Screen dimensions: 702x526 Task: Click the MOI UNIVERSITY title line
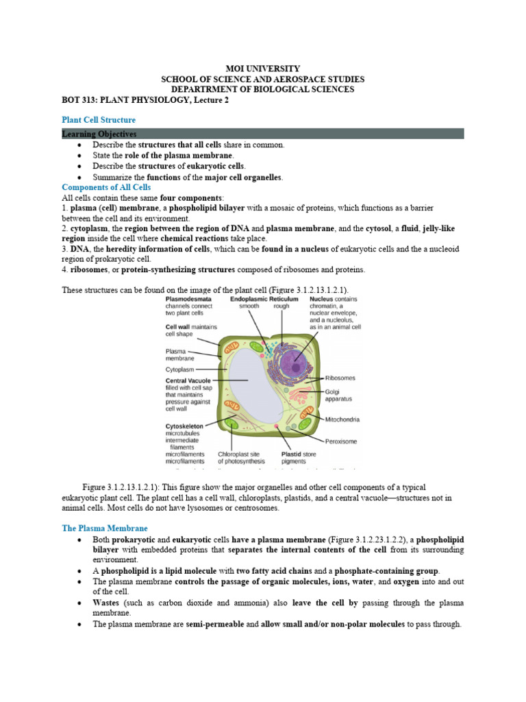point(263,69)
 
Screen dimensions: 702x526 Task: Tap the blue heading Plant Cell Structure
point(99,120)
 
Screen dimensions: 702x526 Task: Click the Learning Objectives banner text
point(99,134)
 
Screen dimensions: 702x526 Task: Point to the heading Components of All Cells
point(106,187)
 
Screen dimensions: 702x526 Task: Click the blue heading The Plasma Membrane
point(105,529)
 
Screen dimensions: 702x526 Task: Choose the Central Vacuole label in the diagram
point(188,380)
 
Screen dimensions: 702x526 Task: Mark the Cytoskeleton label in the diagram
point(184,425)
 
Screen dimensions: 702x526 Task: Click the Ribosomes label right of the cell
point(340,378)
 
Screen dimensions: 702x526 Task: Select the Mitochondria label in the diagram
point(342,420)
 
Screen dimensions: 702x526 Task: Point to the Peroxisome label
point(340,441)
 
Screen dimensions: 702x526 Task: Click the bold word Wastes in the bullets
point(106,603)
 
